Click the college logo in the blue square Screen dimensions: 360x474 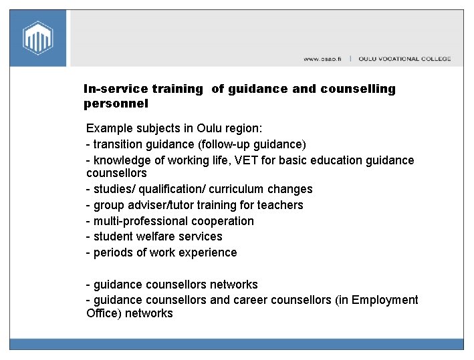[37, 38]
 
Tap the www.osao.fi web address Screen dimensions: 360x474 [322, 59]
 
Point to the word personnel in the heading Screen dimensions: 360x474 [116, 104]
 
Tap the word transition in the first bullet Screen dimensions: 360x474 [119, 144]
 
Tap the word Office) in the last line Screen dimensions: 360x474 [104, 313]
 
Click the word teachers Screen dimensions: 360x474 [279, 205]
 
